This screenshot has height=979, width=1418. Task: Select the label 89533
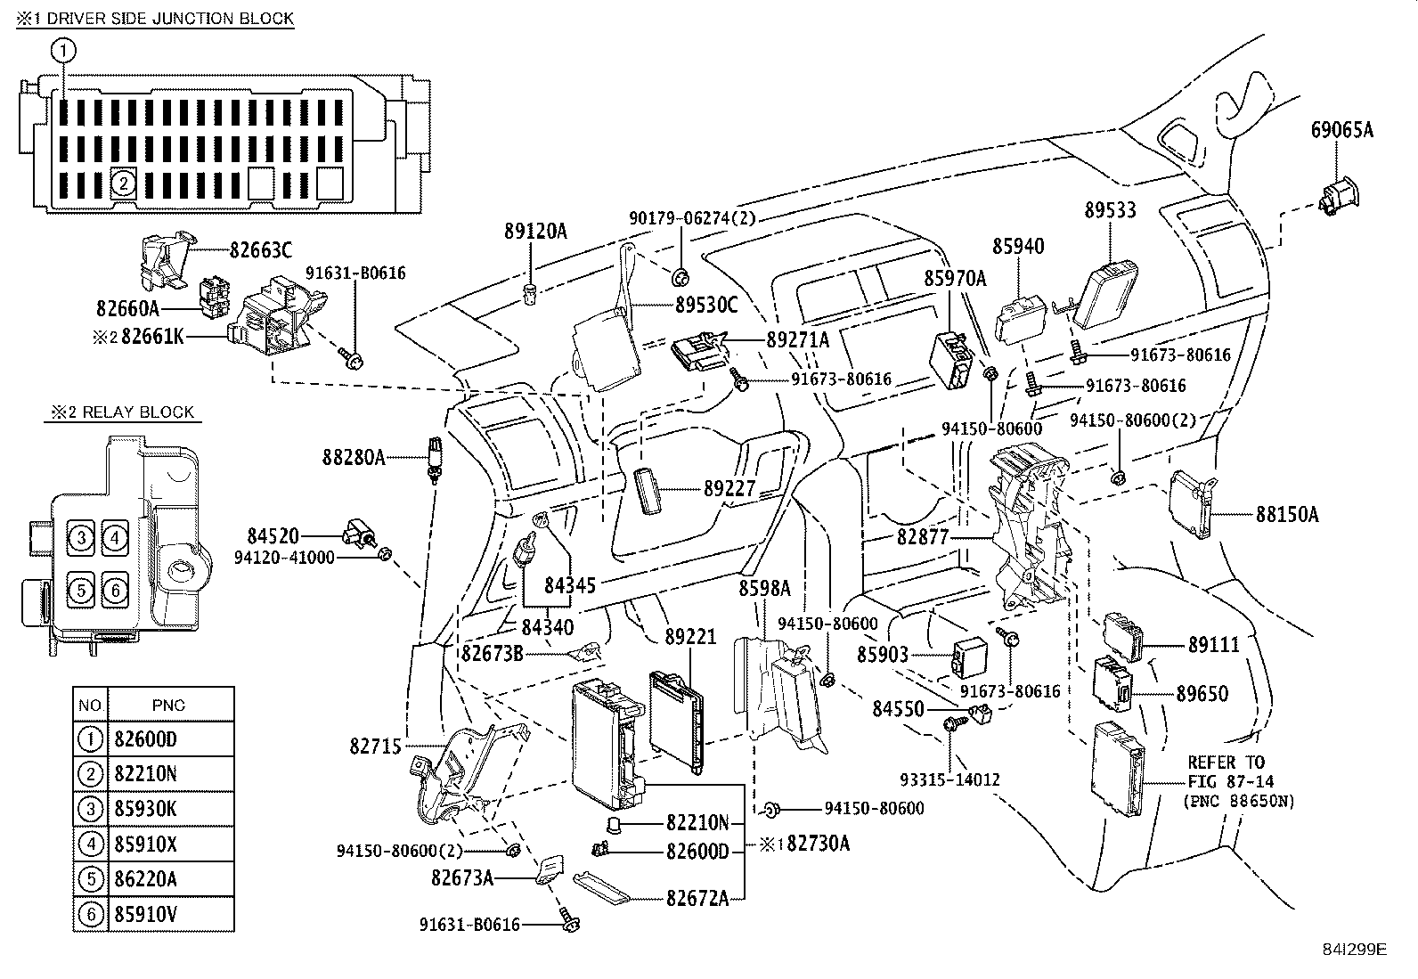[x=1110, y=210]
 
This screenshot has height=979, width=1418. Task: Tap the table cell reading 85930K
[x=145, y=809]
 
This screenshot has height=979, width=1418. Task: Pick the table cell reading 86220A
[x=145, y=879]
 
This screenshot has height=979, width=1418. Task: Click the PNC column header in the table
[x=168, y=705]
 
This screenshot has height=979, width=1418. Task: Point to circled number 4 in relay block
[x=114, y=537]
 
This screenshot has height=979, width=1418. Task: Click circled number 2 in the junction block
[x=123, y=184]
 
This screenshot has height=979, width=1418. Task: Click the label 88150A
[x=1287, y=514]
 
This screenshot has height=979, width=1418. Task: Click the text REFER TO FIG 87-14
[x=1226, y=771]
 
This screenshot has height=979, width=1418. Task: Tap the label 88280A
[x=353, y=458]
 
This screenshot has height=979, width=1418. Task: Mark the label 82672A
[x=697, y=898]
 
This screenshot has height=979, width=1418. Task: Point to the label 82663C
[x=260, y=251]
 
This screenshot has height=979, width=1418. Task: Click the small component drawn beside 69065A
[x=1337, y=195]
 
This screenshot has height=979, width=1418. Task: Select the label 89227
[x=729, y=488]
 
